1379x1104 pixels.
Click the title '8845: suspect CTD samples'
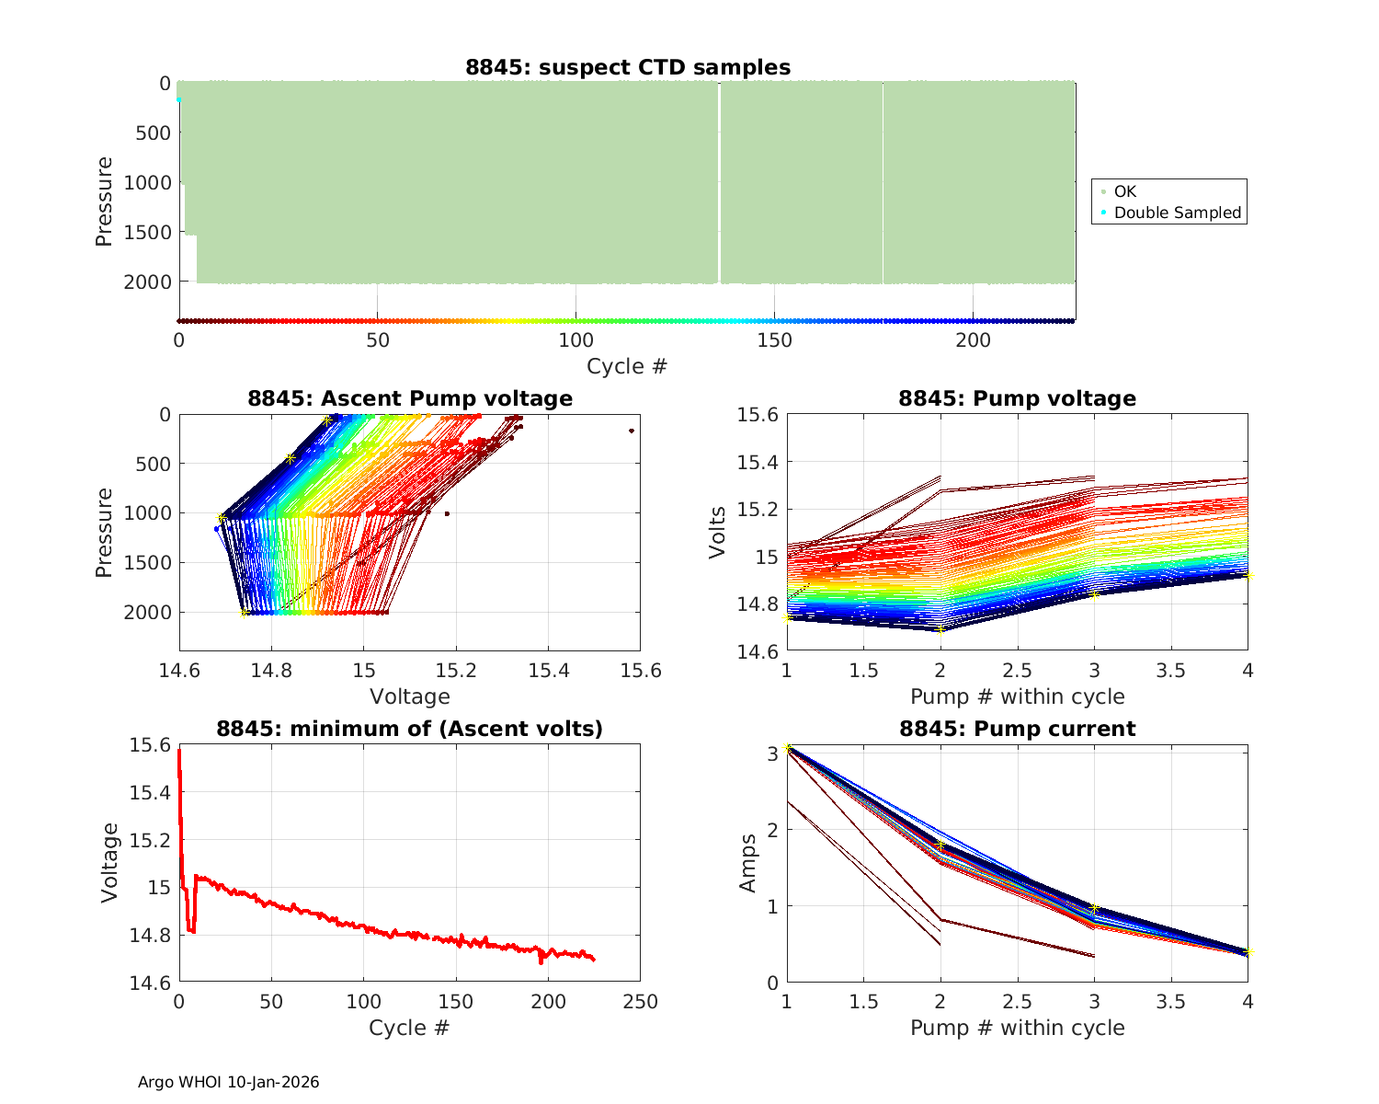click(627, 67)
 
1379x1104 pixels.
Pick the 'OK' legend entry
click(1124, 191)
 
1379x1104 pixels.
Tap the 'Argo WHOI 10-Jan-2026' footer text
click(228, 1082)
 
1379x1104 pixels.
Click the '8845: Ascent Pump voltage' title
click(410, 398)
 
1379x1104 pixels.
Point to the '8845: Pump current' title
click(1017, 729)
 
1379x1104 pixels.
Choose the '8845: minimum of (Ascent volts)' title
click(410, 729)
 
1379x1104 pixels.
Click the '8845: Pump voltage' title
click(1017, 398)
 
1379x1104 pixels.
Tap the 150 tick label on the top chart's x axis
click(774, 340)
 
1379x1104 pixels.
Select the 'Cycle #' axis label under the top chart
click(627, 366)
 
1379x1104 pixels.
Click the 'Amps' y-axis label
click(748, 863)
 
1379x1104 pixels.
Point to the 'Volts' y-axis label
click(718, 532)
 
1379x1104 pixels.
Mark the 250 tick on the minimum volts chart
click(640, 1002)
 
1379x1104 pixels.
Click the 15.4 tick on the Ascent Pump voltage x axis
click(548, 671)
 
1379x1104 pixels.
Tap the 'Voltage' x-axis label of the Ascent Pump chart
click(410, 696)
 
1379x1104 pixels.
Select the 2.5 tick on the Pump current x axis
click(1017, 1002)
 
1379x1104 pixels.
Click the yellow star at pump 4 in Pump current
click(1248, 952)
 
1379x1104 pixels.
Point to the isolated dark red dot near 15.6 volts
click(632, 431)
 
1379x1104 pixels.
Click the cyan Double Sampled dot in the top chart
click(179, 99)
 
